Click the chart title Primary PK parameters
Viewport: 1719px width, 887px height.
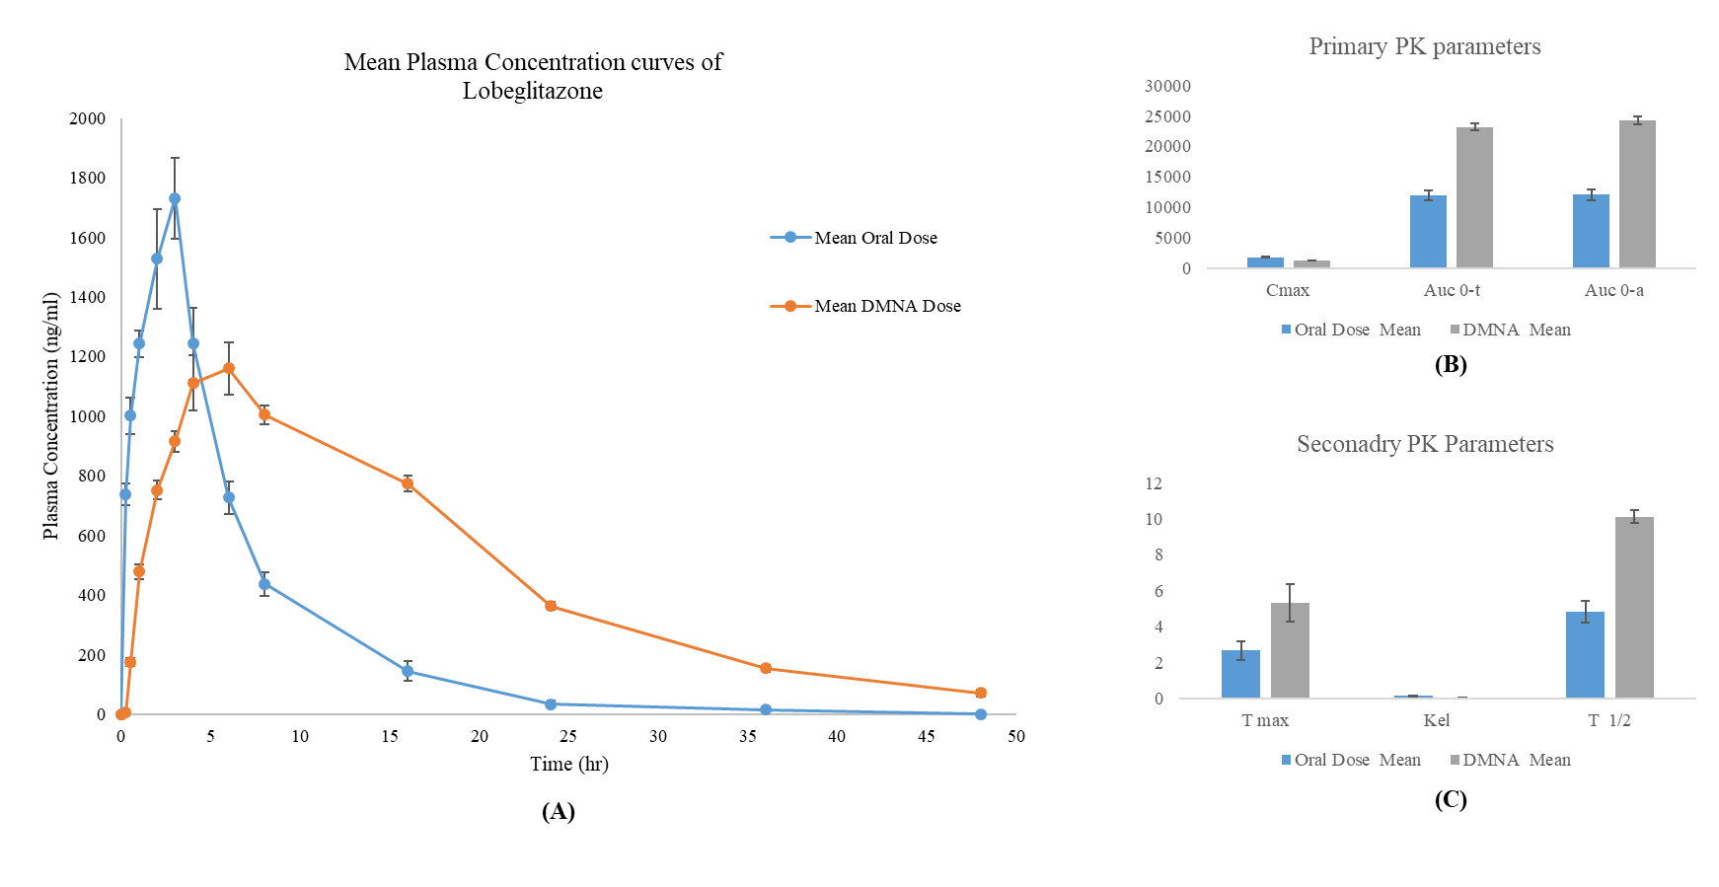(1424, 46)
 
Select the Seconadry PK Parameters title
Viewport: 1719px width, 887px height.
(1424, 444)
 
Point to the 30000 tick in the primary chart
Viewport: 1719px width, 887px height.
(1167, 86)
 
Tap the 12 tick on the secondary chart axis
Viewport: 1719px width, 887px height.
(1154, 483)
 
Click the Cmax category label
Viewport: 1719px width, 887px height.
(1288, 290)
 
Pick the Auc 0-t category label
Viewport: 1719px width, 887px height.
(1452, 290)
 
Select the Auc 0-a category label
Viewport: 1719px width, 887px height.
(1614, 290)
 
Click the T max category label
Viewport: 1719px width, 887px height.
(1265, 720)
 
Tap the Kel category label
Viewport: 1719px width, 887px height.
(1436, 720)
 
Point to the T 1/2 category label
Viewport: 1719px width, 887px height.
(1608, 720)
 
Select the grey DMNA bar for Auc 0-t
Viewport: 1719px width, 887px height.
(1474, 197)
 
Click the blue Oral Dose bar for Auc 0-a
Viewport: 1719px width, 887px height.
(1591, 231)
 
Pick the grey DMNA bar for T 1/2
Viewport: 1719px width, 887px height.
(1634, 608)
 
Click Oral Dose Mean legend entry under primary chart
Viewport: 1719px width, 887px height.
(1351, 330)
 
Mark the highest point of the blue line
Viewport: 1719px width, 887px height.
(175, 198)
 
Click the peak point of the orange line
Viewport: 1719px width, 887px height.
(229, 368)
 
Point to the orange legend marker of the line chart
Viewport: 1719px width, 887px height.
(790, 306)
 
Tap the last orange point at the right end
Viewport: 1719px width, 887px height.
(981, 693)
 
